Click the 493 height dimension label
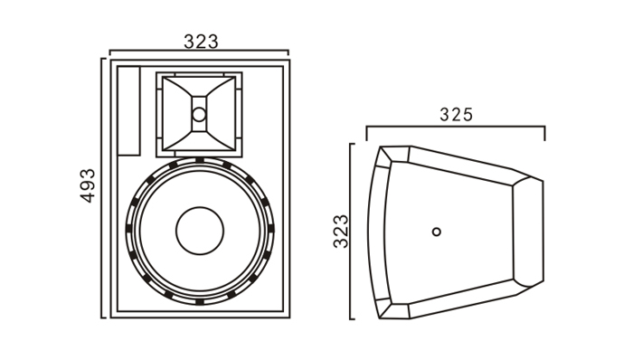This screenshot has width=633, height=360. (x=88, y=185)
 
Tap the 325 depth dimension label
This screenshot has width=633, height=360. (x=456, y=115)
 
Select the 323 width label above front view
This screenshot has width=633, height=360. (x=201, y=42)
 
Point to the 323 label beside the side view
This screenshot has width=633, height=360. (x=341, y=231)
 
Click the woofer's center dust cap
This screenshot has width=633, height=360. (x=200, y=231)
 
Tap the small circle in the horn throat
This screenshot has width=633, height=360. (x=199, y=115)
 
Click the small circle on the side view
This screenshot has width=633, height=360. (x=437, y=232)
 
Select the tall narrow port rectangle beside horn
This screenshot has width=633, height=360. (x=128, y=110)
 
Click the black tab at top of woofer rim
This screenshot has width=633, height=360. (x=200, y=160)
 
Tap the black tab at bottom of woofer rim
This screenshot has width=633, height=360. (x=200, y=301)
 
